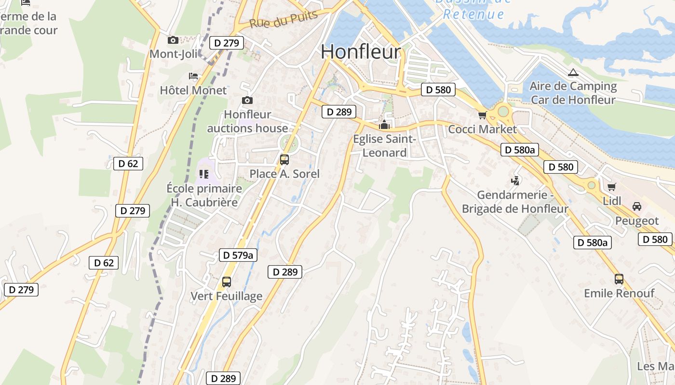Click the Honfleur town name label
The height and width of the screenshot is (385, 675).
[x=361, y=52]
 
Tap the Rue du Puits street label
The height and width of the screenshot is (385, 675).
[x=283, y=19]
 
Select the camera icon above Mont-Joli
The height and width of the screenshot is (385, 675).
[x=173, y=40]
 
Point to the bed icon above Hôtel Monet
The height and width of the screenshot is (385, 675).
[x=193, y=76]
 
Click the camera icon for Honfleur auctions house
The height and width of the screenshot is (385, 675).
[x=247, y=100]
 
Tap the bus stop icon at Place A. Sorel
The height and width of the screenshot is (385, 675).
[x=284, y=159]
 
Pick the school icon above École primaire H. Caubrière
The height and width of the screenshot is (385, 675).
[x=203, y=174]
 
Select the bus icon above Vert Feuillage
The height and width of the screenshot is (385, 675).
[x=227, y=282]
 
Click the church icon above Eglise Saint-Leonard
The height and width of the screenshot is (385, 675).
[x=384, y=125]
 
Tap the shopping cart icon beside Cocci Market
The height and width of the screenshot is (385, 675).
[x=482, y=115]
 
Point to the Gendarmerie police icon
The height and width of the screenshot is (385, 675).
[x=515, y=181]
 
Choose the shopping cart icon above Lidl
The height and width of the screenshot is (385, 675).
[x=611, y=187]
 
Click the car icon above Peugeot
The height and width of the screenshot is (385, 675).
[x=636, y=206]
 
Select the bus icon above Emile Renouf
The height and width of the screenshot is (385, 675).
[x=619, y=279]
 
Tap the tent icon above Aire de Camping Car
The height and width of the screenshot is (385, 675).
[x=573, y=73]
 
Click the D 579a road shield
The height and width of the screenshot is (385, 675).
[x=238, y=255]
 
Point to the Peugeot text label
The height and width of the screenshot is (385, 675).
[x=636, y=221]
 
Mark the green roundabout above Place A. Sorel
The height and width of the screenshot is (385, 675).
[x=289, y=142]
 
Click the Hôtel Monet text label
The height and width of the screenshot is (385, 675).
[x=193, y=90]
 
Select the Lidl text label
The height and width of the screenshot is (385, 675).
[x=612, y=201]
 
